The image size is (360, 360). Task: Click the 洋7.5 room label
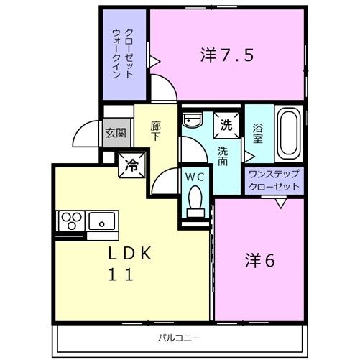coord(227,55)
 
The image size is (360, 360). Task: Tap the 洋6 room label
coord(259,261)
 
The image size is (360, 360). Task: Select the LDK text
coord(130,254)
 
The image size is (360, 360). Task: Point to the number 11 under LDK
coord(121,274)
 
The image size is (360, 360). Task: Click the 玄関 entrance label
coord(116,133)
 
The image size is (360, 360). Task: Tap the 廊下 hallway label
coord(156,131)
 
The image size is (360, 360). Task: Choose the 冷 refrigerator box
coord(131,165)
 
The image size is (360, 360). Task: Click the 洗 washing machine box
coord(226,125)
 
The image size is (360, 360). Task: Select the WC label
coord(195,177)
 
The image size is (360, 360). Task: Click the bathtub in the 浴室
coord(289,134)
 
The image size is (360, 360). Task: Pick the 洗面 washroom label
coord(223,156)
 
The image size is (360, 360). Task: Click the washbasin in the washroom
coord(193,119)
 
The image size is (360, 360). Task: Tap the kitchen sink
coord(102,221)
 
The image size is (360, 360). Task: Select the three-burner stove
coord(72,221)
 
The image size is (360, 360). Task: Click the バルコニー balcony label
coord(179,338)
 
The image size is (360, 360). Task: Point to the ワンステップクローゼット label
coord(274,180)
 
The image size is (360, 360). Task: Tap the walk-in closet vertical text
coord(123,54)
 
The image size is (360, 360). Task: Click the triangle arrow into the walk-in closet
coord(155,62)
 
